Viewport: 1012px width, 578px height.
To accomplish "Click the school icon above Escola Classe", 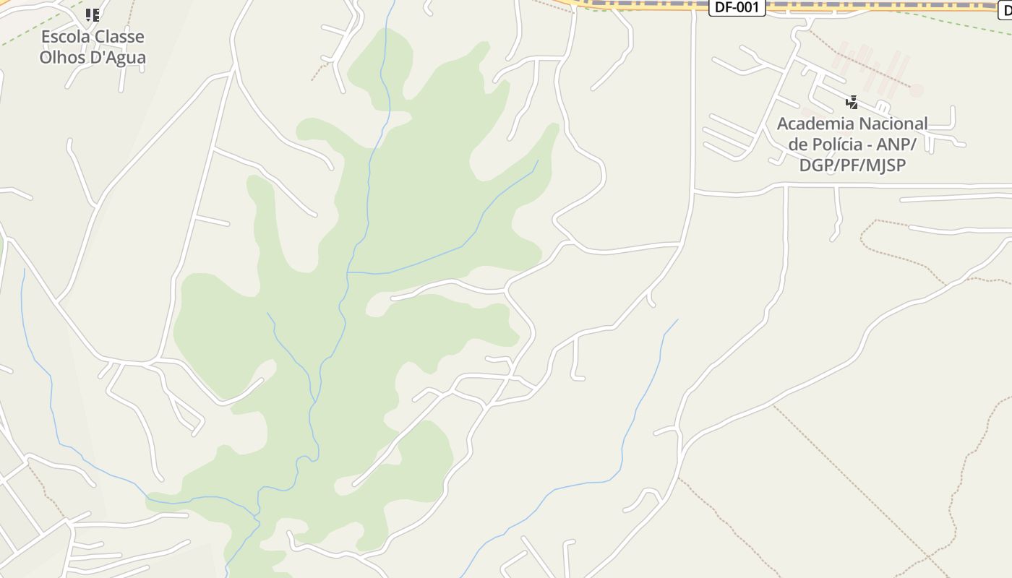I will point(93,14).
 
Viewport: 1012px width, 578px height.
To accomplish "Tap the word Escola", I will point(63,37).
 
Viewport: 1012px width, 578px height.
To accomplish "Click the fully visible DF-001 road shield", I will point(737,8).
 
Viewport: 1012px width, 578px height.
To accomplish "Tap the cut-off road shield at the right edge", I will point(1005,9).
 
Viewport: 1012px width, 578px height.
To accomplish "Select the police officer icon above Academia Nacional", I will point(852,102).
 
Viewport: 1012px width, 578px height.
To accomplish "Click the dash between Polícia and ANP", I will point(873,144).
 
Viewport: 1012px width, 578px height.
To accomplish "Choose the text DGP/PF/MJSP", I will point(852,165).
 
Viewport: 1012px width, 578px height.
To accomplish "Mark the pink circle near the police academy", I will point(917,90).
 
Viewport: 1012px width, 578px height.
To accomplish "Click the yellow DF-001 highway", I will point(651,4).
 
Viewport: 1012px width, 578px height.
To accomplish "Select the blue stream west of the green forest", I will point(43,361).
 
